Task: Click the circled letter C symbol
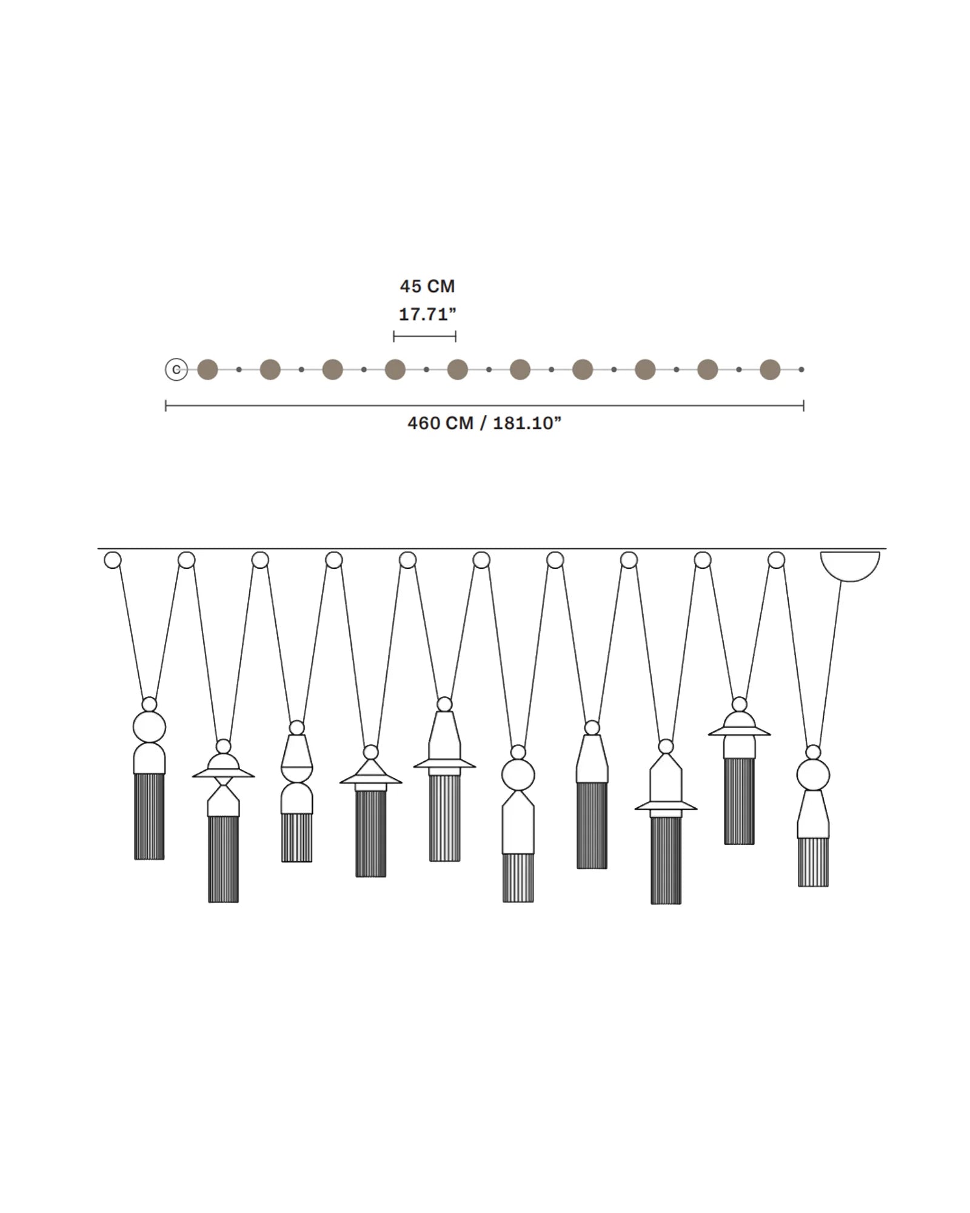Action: click(x=176, y=369)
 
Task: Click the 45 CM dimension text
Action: click(x=427, y=286)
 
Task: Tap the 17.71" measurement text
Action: click(x=427, y=314)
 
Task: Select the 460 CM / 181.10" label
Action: click(x=484, y=423)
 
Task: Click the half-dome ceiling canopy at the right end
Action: click(x=849, y=563)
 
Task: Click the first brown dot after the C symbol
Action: click(x=207, y=369)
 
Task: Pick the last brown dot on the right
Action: click(x=770, y=369)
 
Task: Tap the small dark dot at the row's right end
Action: click(x=801, y=369)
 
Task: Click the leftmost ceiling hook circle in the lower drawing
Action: click(x=113, y=560)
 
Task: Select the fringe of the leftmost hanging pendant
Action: click(x=149, y=816)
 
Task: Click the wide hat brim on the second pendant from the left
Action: click(x=223, y=774)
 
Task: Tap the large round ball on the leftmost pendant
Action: click(x=149, y=727)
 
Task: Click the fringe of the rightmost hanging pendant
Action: click(x=813, y=861)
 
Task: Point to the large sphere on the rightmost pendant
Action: click(x=813, y=775)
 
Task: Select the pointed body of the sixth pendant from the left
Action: click(x=518, y=822)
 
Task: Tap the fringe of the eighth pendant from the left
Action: click(x=666, y=860)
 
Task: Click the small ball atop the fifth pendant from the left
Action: click(x=444, y=704)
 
